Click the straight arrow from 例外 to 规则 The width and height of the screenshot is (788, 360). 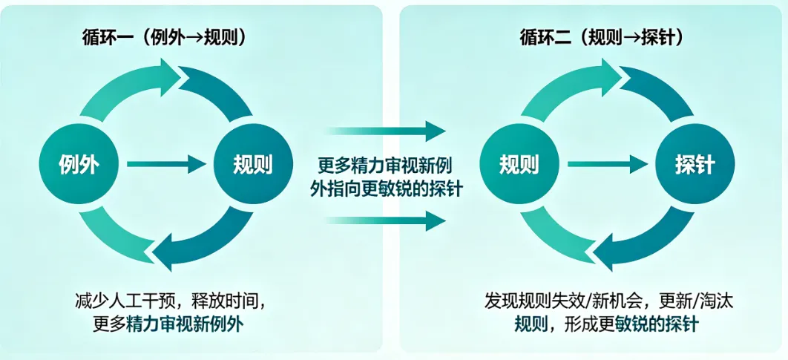click(x=164, y=164)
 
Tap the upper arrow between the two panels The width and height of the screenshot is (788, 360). click(x=386, y=133)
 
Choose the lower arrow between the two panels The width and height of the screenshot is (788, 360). click(x=386, y=220)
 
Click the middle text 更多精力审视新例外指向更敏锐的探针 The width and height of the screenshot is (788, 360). click(x=386, y=177)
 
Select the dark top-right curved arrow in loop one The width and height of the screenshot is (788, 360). click(x=219, y=93)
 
